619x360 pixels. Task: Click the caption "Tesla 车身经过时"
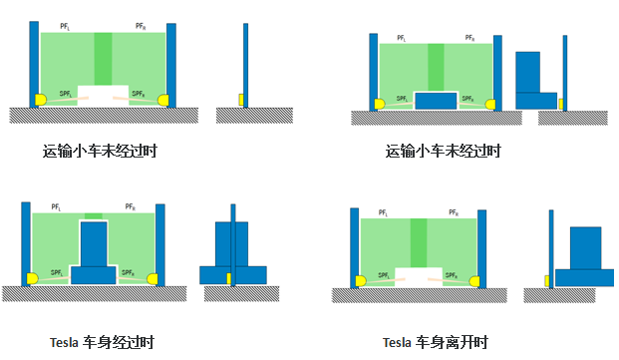[102, 342]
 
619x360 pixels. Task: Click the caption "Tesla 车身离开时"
[436, 342]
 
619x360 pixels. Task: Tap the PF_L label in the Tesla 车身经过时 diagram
[56, 206]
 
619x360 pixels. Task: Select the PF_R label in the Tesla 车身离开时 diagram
[454, 212]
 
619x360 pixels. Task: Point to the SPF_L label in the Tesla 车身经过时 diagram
[57, 273]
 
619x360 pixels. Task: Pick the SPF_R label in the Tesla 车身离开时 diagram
[452, 275]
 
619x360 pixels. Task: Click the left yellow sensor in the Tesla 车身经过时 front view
[32, 278]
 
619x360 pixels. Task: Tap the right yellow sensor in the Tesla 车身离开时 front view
[474, 281]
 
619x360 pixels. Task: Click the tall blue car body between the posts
[94, 243]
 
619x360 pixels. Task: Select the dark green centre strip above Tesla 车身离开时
[419, 242]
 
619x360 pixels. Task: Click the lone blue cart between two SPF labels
[436, 101]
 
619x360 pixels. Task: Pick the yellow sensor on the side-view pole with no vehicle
[241, 100]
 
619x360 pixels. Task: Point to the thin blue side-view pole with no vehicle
[245, 65]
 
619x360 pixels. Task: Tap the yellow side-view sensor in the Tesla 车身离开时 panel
[547, 281]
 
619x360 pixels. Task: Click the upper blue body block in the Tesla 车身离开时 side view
[585, 248]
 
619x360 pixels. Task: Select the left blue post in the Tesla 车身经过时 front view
[26, 244]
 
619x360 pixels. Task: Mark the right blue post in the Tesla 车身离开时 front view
[482, 248]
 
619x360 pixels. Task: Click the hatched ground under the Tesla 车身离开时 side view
[559, 295]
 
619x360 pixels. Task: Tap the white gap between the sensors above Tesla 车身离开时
[419, 277]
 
